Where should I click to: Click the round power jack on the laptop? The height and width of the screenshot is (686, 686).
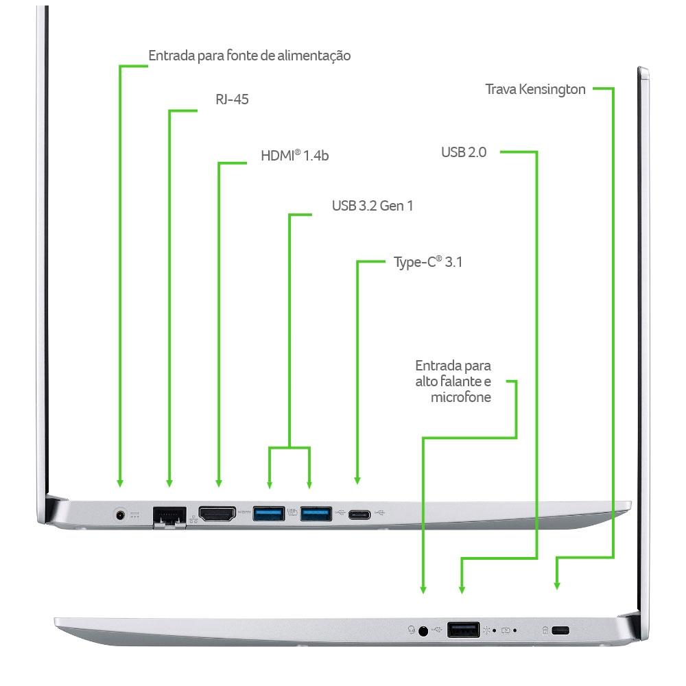click(x=120, y=514)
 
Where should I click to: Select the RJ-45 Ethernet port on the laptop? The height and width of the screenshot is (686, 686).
click(x=169, y=517)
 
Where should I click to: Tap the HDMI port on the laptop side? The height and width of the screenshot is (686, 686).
click(x=217, y=514)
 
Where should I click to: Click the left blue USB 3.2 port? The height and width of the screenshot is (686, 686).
click(x=269, y=514)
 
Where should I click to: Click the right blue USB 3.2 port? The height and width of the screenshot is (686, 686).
click(x=316, y=514)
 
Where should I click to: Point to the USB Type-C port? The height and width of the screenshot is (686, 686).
click(x=359, y=514)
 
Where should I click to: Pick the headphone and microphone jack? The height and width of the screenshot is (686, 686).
click(x=423, y=631)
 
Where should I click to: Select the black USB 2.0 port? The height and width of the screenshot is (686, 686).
click(x=463, y=630)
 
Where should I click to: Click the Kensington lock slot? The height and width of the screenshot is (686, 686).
click(x=560, y=630)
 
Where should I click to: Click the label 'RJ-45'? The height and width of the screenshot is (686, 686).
click(x=232, y=99)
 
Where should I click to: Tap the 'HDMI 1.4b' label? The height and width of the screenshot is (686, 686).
click(x=294, y=155)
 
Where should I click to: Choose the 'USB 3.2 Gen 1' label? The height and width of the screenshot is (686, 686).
click(x=372, y=206)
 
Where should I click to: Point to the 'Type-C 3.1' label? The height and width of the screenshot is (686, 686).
click(x=428, y=262)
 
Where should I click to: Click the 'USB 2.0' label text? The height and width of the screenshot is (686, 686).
click(x=464, y=152)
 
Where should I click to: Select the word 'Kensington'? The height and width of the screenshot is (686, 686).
click(x=552, y=90)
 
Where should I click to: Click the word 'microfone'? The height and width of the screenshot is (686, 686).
click(x=461, y=397)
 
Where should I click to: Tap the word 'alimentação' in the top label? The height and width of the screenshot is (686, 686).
click(x=314, y=56)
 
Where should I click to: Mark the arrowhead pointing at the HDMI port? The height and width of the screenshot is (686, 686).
click(x=219, y=483)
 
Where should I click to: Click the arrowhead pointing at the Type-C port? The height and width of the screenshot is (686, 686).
click(x=357, y=480)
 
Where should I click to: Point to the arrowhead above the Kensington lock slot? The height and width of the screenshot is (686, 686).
click(x=557, y=585)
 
